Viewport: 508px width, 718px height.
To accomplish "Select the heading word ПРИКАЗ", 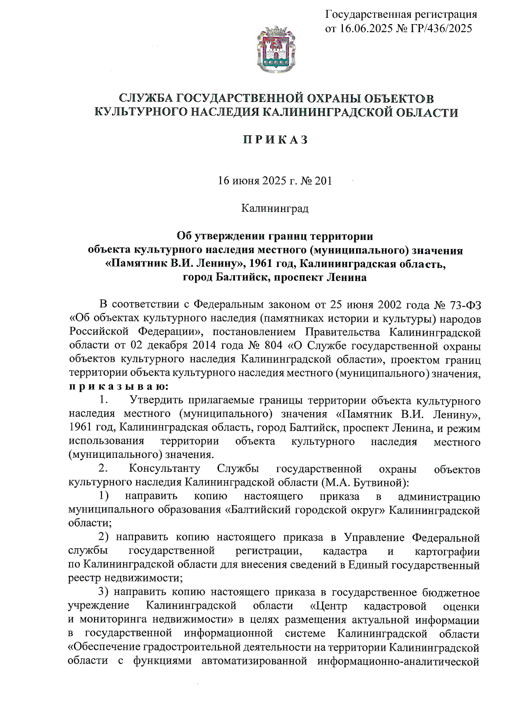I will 276,140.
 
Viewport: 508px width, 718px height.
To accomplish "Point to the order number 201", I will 324,181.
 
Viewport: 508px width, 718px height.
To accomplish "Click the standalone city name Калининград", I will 275,209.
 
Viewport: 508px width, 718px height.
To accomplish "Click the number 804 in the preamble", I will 273,345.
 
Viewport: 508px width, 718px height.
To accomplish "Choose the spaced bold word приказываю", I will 119,386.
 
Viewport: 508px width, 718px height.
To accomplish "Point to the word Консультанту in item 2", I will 165,469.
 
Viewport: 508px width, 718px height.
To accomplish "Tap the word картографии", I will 447,552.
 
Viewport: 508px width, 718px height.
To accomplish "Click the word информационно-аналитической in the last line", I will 398,661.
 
